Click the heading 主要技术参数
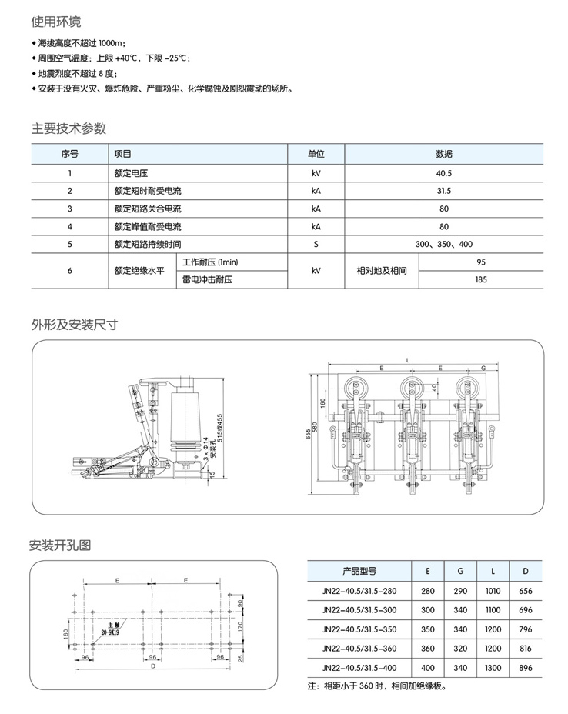[68, 128]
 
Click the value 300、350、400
[444, 244]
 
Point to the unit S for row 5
[315, 244]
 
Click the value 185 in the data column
[481, 279]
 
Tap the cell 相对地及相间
[382, 271]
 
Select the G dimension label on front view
[482, 369]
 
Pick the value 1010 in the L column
[493, 592]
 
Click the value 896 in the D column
[526, 667]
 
